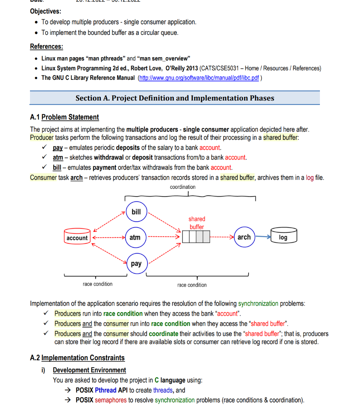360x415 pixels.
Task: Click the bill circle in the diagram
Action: (x=136, y=212)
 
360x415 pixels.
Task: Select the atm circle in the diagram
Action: (x=135, y=237)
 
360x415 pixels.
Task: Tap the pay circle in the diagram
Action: (x=136, y=263)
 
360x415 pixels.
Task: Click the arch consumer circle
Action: (x=244, y=237)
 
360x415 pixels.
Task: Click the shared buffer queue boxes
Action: (x=196, y=237)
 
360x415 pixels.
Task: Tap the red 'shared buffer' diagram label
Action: (x=196, y=223)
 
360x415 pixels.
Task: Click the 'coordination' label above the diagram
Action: (x=183, y=187)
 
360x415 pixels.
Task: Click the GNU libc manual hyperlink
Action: (x=198, y=78)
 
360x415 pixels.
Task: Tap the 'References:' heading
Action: (x=47, y=47)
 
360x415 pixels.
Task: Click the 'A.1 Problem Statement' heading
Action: (x=64, y=117)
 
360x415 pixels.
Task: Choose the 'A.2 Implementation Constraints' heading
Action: (x=77, y=358)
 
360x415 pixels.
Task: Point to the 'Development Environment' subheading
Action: (x=89, y=370)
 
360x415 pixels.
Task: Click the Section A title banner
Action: (x=175, y=98)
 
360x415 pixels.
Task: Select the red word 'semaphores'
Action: (x=111, y=400)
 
